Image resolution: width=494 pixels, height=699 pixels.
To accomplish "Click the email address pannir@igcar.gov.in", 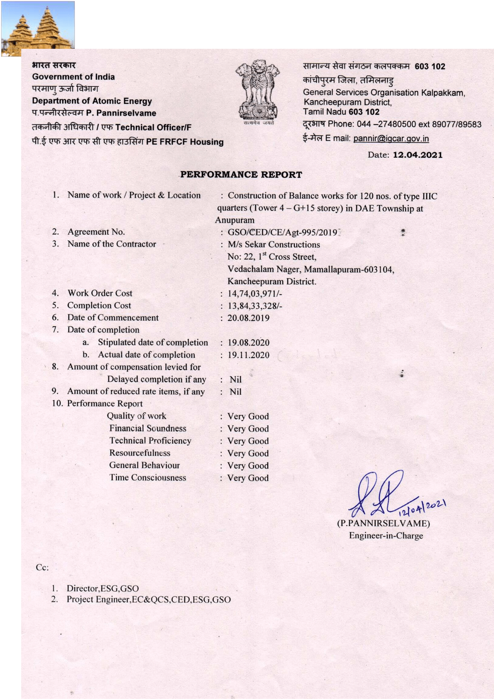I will pos(391,139).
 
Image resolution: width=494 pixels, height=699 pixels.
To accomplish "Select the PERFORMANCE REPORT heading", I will pos(241,174).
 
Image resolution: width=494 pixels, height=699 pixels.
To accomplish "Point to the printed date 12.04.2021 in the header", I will pos(418,155).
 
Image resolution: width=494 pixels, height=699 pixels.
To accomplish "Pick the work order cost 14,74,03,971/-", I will pos(255,294).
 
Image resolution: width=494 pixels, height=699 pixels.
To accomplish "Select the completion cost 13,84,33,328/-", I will pos(255,306).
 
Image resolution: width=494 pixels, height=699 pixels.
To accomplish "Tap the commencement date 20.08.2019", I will pos(248,318).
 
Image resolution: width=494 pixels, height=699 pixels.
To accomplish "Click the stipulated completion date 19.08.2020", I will pos(248,343).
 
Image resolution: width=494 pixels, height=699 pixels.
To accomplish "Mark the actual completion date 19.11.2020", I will pos(248,355).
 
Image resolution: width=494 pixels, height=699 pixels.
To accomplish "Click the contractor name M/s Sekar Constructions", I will pos(274,244).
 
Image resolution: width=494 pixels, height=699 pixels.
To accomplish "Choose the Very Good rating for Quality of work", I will pos(248,416).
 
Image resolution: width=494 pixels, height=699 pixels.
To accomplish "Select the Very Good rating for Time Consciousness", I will pos(248,478).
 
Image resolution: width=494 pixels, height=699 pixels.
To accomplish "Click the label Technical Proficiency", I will pos(150,441).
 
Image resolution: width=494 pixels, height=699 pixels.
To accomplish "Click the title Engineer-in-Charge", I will pos(386,536).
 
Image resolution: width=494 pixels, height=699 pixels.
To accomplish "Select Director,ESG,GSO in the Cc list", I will pos(103,588).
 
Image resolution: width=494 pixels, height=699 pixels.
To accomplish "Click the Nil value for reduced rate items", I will pos(236,392).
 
